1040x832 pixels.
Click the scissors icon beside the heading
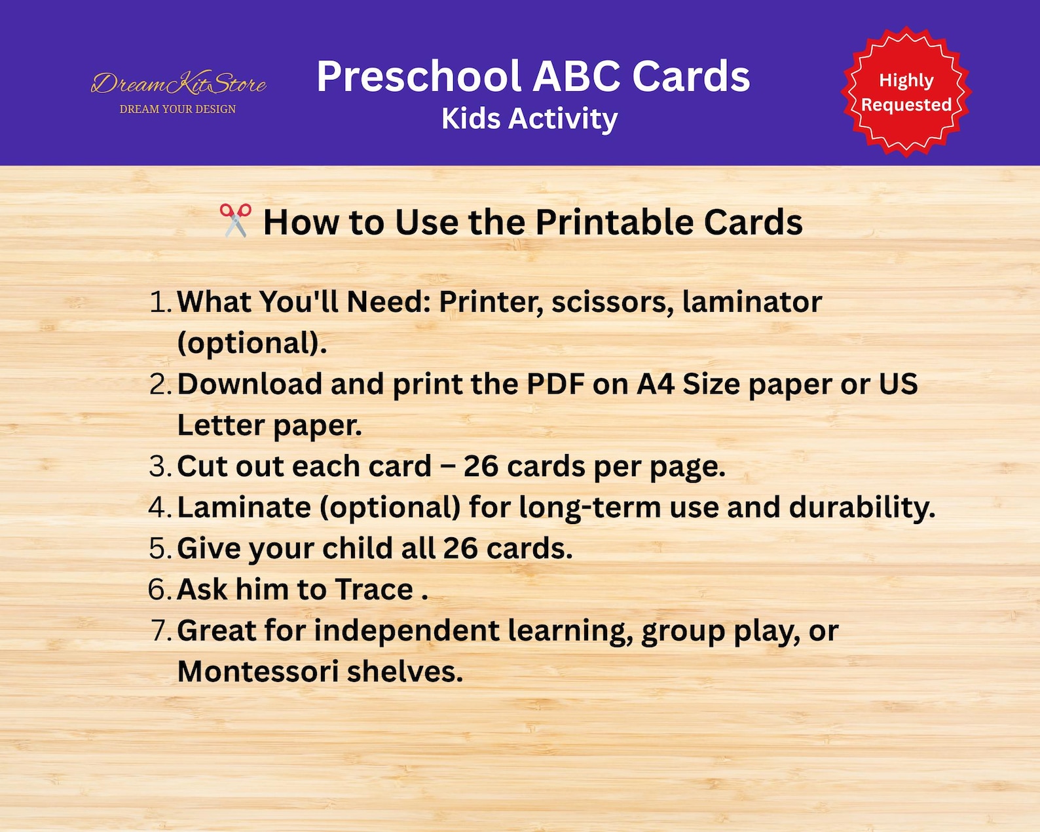coord(235,221)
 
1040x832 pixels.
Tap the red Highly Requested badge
coord(906,92)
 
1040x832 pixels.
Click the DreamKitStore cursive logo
coord(178,84)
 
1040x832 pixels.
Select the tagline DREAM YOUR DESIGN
coord(177,109)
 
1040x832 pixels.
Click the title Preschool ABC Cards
coord(533,77)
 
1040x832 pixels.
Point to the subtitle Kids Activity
coord(529,119)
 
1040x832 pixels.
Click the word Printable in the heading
coord(614,222)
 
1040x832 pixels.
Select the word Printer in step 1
coord(491,302)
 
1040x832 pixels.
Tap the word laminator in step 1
coord(752,302)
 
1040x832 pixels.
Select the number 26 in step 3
coord(481,466)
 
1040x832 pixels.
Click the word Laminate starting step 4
coord(244,508)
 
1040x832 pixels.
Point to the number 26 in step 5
coord(460,548)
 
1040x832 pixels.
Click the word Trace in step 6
coord(374,590)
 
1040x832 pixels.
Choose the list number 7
coord(160,631)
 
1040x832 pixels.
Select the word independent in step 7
coord(407,631)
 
